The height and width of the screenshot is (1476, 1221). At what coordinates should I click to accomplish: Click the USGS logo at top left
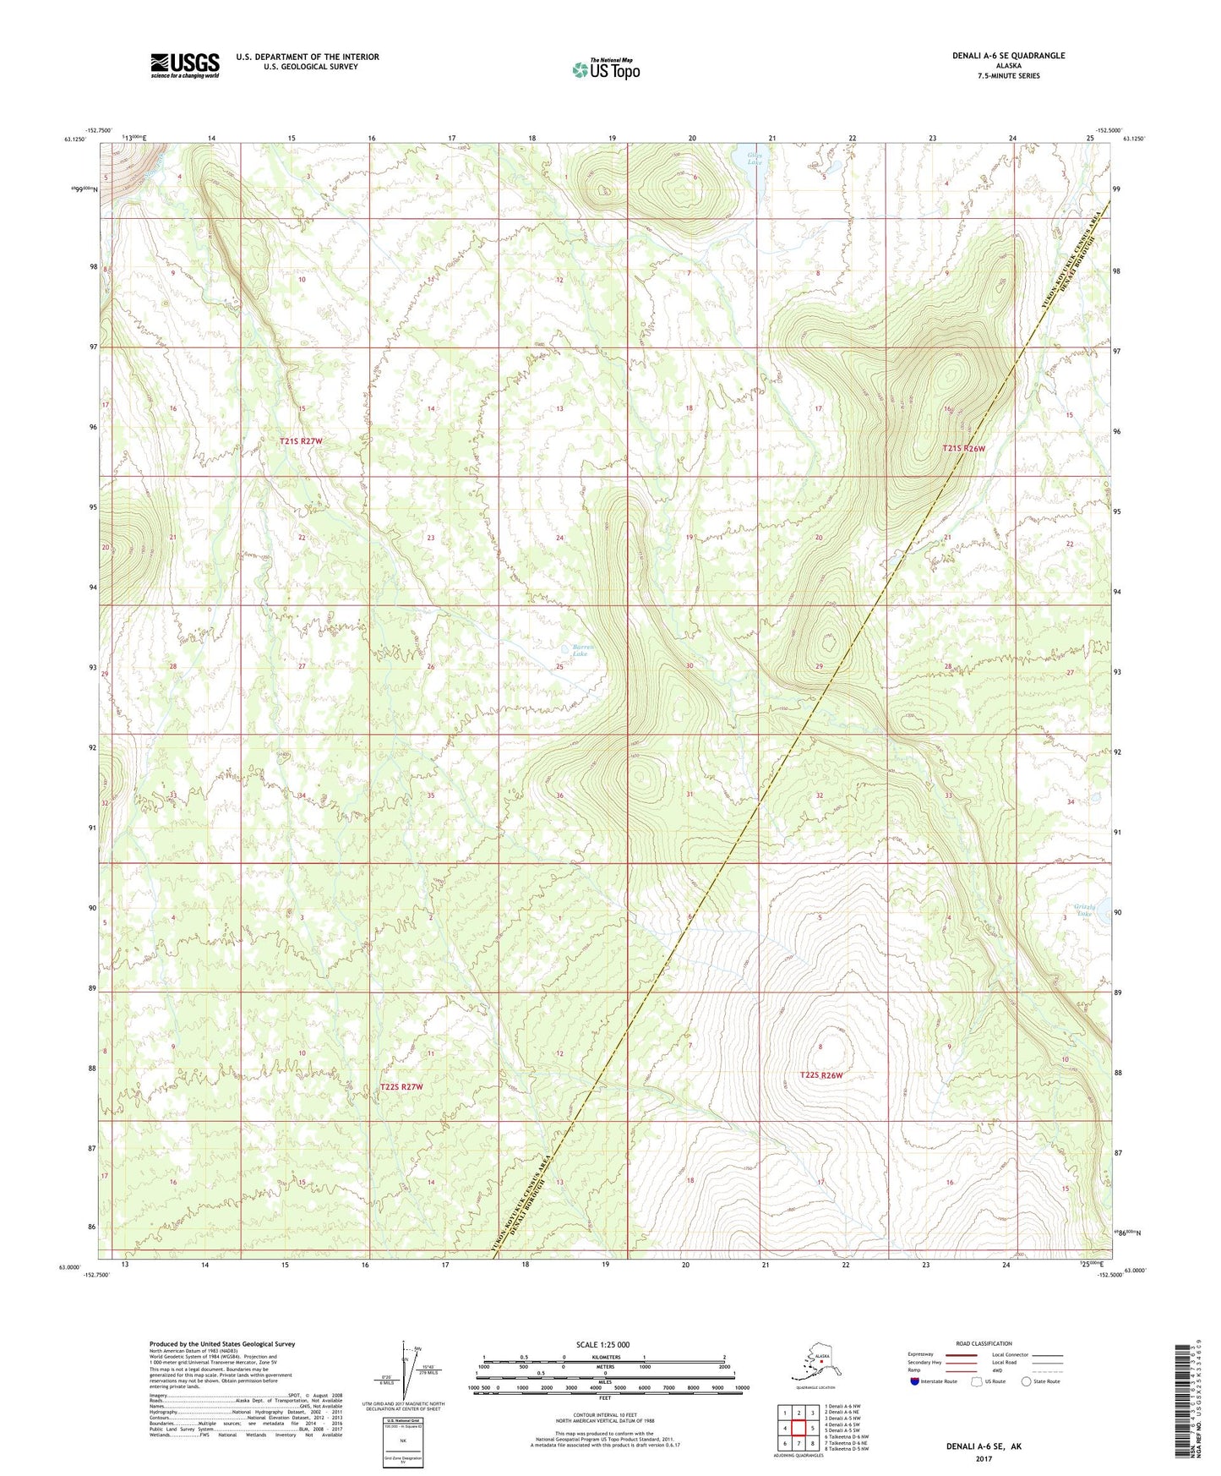184,65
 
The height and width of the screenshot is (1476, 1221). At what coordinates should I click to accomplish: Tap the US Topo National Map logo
606,69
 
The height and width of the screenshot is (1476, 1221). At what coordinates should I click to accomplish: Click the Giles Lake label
755,158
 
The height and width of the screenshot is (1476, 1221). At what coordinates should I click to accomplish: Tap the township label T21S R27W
301,441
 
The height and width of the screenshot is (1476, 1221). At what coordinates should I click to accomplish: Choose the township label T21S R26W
963,449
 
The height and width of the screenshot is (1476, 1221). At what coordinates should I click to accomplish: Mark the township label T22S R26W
820,1075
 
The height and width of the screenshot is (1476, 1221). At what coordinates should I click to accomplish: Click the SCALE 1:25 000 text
602,1344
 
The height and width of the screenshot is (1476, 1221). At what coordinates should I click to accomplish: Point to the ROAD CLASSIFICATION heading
984,1343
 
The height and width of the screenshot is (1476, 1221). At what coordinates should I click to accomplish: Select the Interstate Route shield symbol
916,1381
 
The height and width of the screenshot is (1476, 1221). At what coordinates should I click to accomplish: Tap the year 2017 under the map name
983,1457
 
